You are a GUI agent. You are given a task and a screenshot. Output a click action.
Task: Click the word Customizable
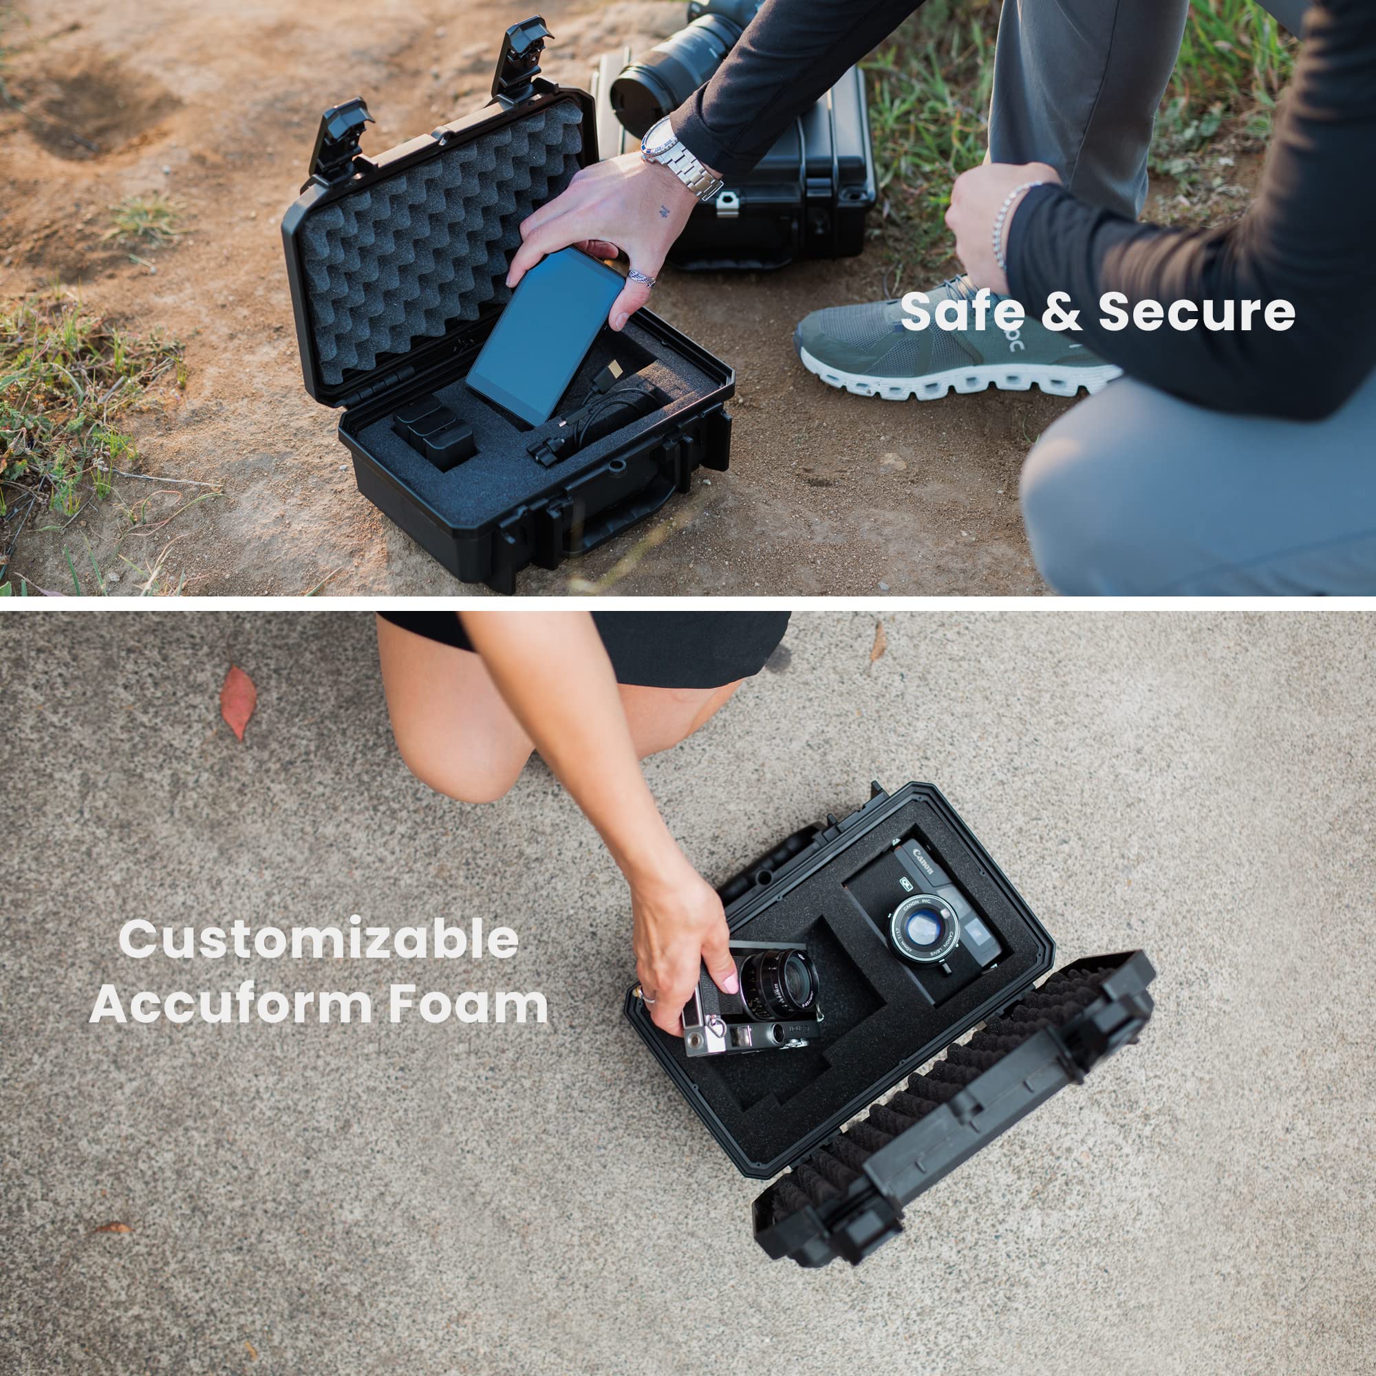(319, 939)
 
